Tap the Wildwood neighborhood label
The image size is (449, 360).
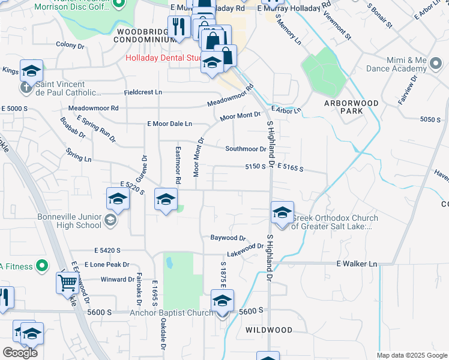[x=269, y=330]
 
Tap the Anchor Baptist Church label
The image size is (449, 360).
[x=172, y=313]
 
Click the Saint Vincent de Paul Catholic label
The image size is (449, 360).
[x=67, y=88]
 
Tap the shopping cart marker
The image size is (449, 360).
[x=67, y=282]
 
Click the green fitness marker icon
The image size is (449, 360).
[x=41, y=265]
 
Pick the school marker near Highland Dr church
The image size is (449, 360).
[x=282, y=212]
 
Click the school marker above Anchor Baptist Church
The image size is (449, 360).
[x=222, y=301]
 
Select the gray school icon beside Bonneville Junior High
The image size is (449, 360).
[x=110, y=221]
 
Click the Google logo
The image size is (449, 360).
[x=20, y=353]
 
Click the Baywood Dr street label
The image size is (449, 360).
[x=228, y=238]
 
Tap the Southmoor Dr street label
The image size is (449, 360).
[x=246, y=149]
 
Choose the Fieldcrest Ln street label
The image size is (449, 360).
[x=143, y=92]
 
